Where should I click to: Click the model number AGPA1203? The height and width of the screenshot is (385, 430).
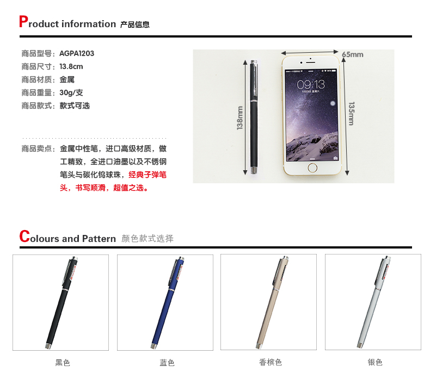tap(77, 53)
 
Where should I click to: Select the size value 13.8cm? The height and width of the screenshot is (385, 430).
tap(71, 66)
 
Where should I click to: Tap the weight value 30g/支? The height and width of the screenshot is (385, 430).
tap(71, 92)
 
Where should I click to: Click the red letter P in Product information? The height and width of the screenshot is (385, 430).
tap(23, 21)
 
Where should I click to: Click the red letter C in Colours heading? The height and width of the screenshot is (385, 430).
tap(24, 236)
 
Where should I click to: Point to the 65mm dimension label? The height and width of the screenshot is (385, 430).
tap(353, 54)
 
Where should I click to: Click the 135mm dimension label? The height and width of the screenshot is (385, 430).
tap(352, 114)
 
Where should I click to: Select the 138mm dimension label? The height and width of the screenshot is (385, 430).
tap(239, 118)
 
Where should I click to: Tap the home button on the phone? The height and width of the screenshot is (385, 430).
tap(312, 167)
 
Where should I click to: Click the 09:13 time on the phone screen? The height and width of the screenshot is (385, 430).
tap(311, 84)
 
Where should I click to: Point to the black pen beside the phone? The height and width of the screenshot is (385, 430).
tap(254, 117)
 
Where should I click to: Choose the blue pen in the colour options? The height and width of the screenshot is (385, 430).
tap(168, 302)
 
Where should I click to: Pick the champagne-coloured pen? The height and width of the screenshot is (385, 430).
tap(273, 302)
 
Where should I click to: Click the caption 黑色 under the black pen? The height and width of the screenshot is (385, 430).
tap(63, 363)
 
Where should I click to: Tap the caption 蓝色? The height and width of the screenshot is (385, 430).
tap(167, 363)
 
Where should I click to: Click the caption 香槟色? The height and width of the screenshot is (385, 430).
tap(271, 362)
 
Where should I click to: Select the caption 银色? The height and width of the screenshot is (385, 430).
tap(375, 362)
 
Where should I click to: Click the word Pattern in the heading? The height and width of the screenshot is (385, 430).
tap(99, 238)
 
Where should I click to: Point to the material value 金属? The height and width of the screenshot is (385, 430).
tap(67, 79)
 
